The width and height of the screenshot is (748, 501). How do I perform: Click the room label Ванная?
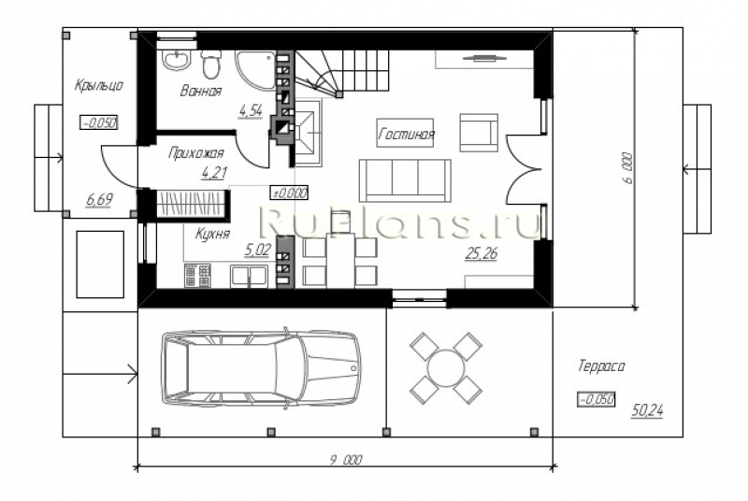(200, 91)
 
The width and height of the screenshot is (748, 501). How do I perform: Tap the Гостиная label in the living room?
(406, 134)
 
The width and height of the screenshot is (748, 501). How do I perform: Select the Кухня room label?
(212, 234)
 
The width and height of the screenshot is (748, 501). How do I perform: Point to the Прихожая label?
(196, 153)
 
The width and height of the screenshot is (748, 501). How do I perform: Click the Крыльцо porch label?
(99, 85)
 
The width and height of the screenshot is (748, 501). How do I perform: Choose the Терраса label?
(601, 366)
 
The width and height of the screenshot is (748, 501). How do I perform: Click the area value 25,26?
(481, 254)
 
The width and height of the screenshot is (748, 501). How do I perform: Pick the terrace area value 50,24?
(647, 410)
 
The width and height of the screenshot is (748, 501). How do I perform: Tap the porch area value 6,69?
(99, 199)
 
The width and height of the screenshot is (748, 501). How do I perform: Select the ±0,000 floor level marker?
(289, 193)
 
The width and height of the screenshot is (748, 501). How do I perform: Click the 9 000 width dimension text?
(346, 460)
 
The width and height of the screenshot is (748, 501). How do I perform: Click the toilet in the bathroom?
(211, 64)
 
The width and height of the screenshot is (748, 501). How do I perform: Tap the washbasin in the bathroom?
(177, 60)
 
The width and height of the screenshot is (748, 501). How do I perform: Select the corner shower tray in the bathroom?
(255, 70)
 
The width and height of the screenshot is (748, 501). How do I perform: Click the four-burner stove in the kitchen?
(197, 276)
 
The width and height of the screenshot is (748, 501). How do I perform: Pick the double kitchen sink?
(249, 277)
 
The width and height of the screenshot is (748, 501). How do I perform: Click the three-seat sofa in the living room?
(405, 180)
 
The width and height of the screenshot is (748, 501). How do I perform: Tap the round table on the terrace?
(446, 367)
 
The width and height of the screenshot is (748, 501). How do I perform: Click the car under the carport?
(261, 368)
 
